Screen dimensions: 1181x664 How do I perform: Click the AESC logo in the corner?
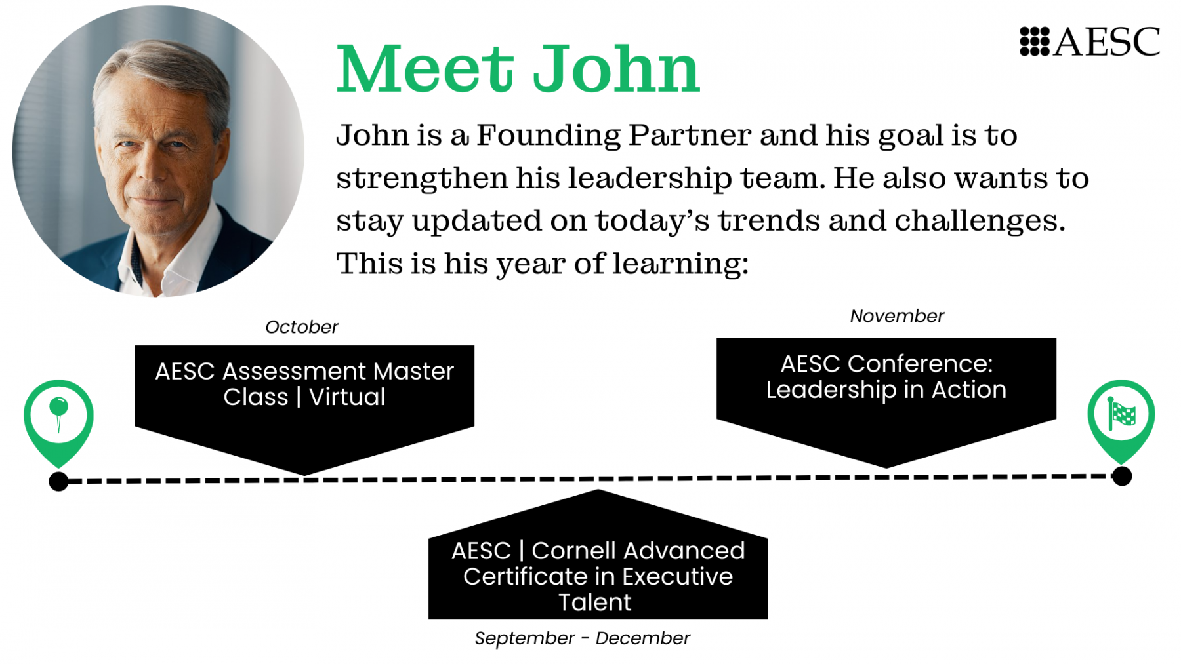coord(1090,41)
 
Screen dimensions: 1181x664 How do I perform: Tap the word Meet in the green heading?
coord(425,69)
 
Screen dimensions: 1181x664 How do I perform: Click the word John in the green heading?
coord(616,69)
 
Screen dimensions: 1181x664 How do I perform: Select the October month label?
coord(302,327)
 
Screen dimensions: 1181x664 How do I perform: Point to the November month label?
coord(897,316)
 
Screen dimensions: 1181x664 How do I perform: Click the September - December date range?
coord(582,638)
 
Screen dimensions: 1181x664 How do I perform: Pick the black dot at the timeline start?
coord(58,482)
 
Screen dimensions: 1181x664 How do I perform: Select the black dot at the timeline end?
coord(1122,477)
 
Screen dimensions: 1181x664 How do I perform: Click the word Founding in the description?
coord(549,136)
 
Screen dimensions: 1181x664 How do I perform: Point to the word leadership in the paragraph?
coord(650,179)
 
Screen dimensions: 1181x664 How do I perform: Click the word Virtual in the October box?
coord(347,397)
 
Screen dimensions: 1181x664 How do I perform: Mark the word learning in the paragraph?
coord(680,264)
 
